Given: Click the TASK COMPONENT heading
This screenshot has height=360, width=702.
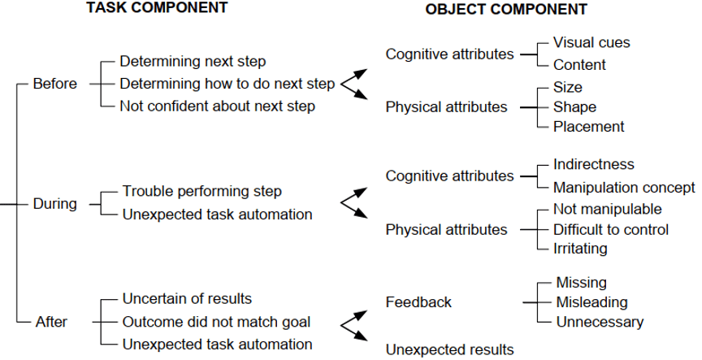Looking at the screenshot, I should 158,8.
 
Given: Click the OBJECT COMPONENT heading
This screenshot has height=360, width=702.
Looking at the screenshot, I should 506,10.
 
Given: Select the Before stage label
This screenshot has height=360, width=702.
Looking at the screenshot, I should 55,84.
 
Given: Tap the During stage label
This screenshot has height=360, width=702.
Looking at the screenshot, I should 55,204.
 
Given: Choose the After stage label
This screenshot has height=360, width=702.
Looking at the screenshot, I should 51,322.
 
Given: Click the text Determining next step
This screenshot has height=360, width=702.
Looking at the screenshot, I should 193,61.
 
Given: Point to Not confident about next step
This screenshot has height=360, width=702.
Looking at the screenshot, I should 217,106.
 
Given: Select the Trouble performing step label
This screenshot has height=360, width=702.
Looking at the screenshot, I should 202,191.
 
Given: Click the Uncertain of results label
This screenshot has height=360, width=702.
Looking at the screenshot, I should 187,298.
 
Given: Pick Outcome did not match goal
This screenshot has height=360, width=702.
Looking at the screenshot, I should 216,322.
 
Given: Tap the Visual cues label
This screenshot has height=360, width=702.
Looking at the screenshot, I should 591,42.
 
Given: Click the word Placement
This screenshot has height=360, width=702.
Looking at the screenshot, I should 589,127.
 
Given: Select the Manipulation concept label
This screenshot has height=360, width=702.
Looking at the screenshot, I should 624,188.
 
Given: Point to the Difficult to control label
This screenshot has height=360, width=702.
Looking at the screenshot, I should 611,229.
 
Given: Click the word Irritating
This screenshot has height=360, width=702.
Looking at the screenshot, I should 580,249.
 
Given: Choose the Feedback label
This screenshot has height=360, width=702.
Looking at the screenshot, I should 418,302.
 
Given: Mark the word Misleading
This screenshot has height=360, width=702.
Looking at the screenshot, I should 592,302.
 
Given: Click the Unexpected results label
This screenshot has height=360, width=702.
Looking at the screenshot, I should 449,350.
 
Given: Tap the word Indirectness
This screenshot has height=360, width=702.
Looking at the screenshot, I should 594,165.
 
